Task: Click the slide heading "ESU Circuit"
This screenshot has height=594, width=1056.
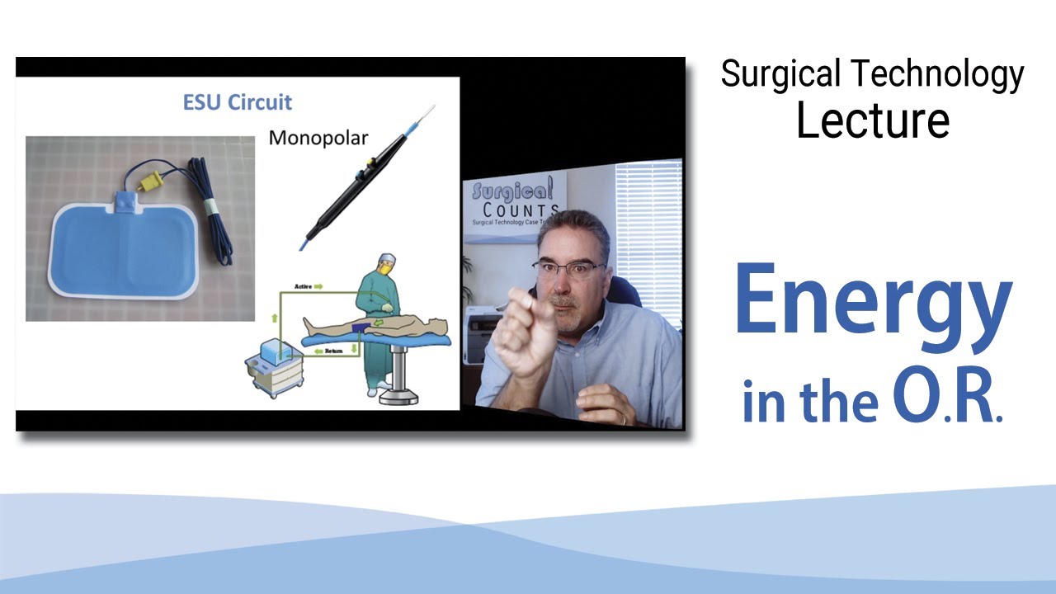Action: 237,103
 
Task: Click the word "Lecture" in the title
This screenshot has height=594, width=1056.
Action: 872,120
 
